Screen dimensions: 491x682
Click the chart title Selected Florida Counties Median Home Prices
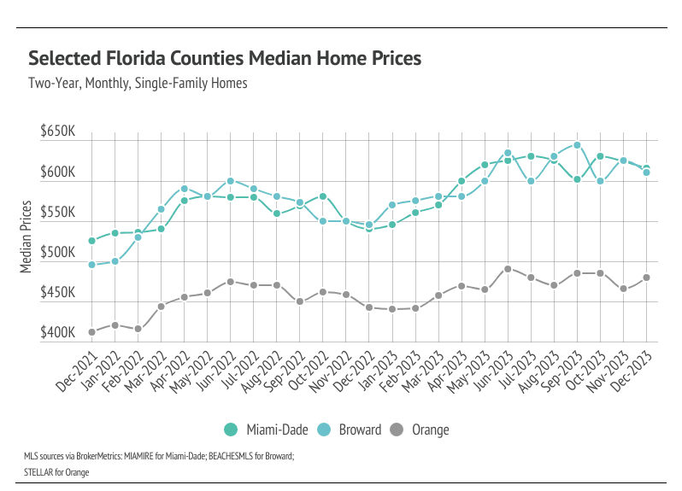(x=225, y=58)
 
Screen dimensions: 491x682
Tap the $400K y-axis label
(x=58, y=332)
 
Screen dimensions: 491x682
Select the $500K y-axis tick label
(x=58, y=253)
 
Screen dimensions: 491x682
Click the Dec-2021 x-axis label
(x=78, y=365)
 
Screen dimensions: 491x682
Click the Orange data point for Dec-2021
(x=91, y=332)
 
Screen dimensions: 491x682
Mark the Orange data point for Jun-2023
(x=508, y=269)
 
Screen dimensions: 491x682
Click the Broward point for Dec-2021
(x=91, y=265)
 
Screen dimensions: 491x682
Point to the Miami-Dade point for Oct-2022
(x=323, y=196)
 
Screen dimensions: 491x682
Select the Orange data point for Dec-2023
(x=646, y=278)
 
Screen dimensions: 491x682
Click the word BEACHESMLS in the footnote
(x=233, y=457)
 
